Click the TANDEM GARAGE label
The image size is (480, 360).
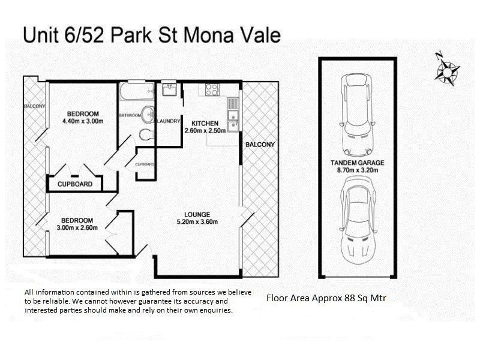click(357, 163)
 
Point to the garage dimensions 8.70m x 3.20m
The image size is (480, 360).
click(357, 170)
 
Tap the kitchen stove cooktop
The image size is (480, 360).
click(212, 90)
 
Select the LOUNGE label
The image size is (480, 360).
click(197, 214)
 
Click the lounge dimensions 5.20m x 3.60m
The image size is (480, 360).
click(197, 222)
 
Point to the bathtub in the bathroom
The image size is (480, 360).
click(136, 92)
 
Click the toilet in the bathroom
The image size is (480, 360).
click(146, 134)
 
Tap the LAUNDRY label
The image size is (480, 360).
click(169, 121)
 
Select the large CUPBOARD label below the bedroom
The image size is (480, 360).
click(75, 184)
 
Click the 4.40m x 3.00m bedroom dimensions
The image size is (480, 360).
click(83, 121)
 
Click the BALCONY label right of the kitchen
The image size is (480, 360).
click(260, 145)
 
